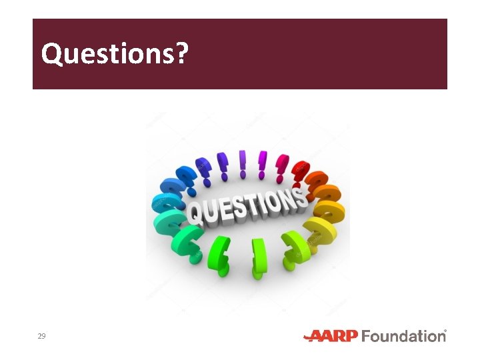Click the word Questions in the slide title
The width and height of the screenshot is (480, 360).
click(x=107, y=54)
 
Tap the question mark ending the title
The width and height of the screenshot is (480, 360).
click(x=180, y=54)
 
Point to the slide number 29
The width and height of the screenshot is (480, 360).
click(x=41, y=336)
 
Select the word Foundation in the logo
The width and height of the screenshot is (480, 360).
click(x=403, y=335)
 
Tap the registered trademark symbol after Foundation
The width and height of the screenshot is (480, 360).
click(x=445, y=331)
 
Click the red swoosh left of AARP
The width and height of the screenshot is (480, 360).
click(x=312, y=337)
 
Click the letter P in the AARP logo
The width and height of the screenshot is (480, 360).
click(x=351, y=335)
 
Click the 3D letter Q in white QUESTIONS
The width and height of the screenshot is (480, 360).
click(x=195, y=213)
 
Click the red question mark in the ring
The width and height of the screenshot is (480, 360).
click(x=300, y=169)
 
